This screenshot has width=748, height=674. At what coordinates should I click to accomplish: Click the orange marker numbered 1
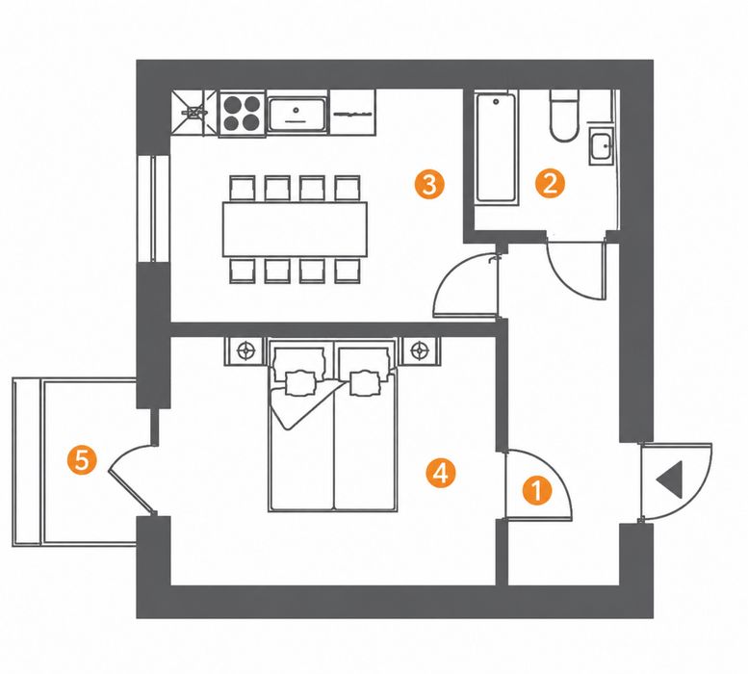(x=537, y=491)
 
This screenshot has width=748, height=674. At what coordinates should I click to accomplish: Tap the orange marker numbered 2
(x=550, y=184)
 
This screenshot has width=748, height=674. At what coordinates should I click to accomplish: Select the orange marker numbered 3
(x=429, y=185)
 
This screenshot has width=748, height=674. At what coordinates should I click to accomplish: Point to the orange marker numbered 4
(x=441, y=473)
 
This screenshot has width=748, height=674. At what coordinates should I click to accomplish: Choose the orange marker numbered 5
(x=82, y=460)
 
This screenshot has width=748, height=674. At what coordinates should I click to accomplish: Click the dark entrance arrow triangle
(x=670, y=480)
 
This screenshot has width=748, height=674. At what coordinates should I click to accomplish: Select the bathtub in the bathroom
(x=496, y=149)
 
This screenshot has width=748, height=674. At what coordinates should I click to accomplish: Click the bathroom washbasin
(x=601, y=146)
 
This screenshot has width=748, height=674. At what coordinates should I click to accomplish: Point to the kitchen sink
(x=297, y=114)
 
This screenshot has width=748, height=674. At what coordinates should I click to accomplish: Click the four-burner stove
(x=242, y=114)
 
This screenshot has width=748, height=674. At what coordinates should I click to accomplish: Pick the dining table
(x=295, y=229)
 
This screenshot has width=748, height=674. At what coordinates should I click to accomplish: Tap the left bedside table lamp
(x=245, y=351)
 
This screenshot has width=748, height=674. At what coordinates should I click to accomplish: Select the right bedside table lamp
(x=420, y=351)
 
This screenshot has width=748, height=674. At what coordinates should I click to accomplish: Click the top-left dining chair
(x=243, y=189)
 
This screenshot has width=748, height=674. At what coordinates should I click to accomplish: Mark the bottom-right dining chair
(x=348, y=271)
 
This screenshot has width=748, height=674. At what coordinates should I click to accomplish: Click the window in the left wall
(x=154, y=208)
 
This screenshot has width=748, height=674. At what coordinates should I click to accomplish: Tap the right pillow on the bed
(x=365, y=383)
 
